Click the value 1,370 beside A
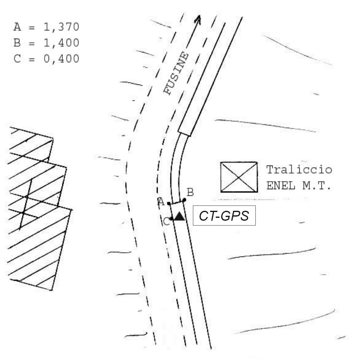click(x=61, y=27)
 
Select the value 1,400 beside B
click(x=61, y=43)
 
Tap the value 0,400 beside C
click(x=61, y=59)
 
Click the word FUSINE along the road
click(x=176, y=73)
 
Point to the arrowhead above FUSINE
click(x=198, y=19)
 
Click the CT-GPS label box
click(x=224, y=216)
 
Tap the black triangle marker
click(x=179, y=217)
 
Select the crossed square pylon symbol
click(x=239, y=177)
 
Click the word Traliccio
click(x=299, y=170)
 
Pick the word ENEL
click(x=281, y=185)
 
